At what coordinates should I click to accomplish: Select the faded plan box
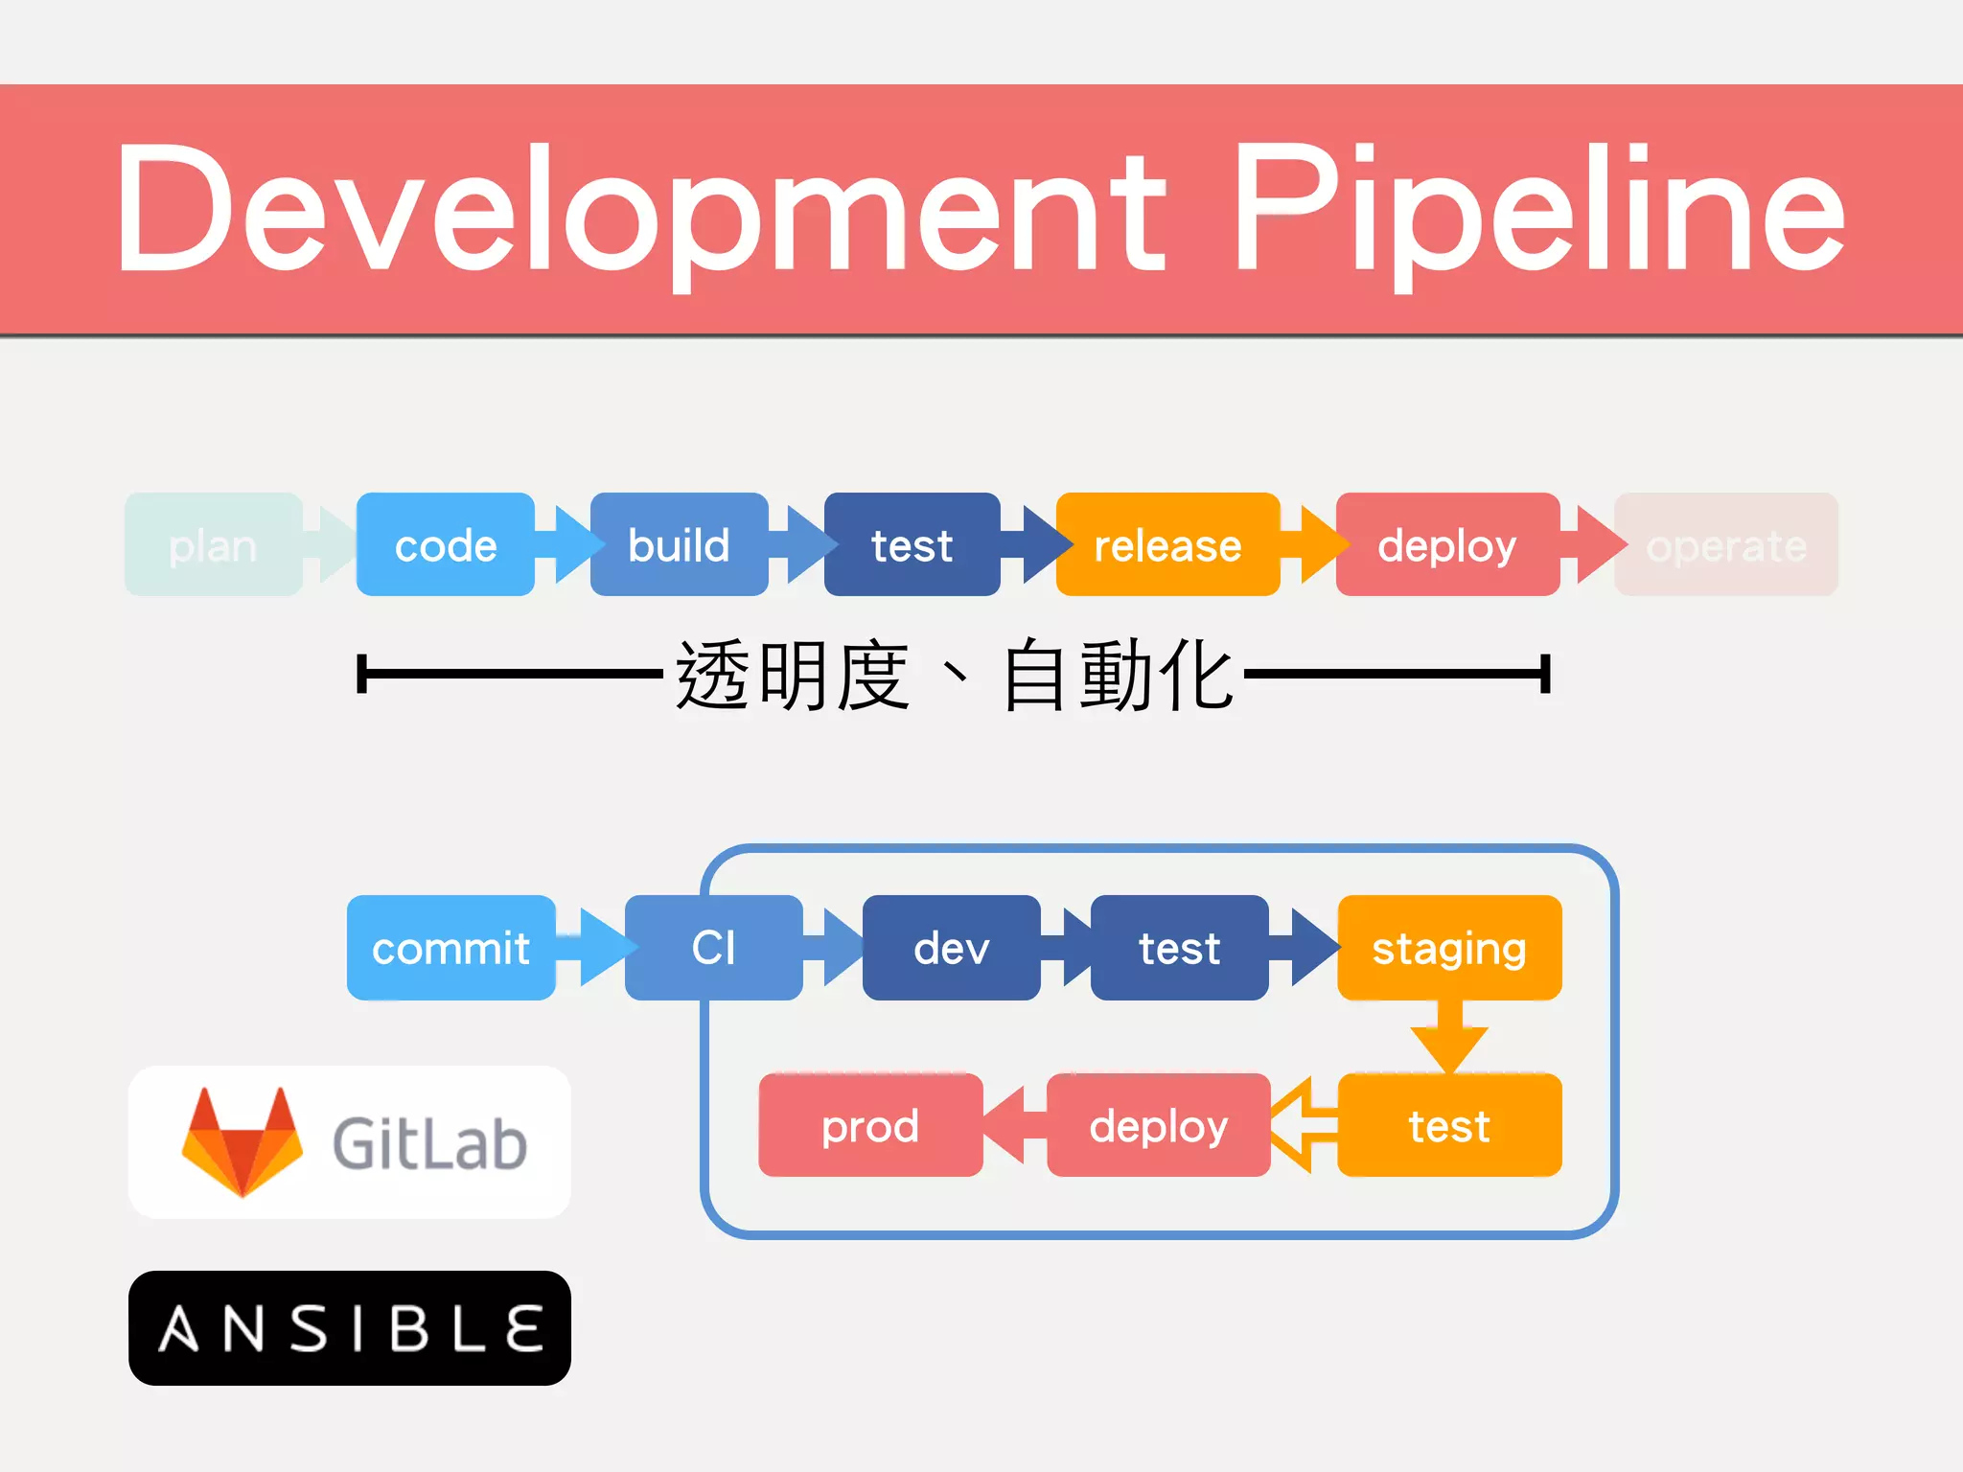(x=213, y=545)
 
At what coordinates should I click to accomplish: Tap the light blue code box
(x=445, y=545)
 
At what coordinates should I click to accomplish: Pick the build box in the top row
(x=679, y=545)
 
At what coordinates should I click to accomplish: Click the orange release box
(x=1167, y=545)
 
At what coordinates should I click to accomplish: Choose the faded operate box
(x=1725, y=545)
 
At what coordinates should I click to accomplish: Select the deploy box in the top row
(x=1447, y=545)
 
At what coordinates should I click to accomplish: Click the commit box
(x=450, y=948)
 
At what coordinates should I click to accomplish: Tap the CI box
(x=713, y=948)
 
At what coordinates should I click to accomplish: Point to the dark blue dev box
(x=951, y=948)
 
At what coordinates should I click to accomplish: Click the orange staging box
(x=1449, y=948)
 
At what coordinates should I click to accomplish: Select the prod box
(x=870, y=1125)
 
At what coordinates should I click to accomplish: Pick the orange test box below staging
(x=1449, y=1125)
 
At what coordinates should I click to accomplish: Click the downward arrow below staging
(x=1449, y=1041)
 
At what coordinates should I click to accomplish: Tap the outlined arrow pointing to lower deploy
(x=1304, y=1125)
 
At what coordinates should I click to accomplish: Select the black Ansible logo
(x=350, y=1328)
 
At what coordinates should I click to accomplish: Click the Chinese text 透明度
(x=792, y=676)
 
